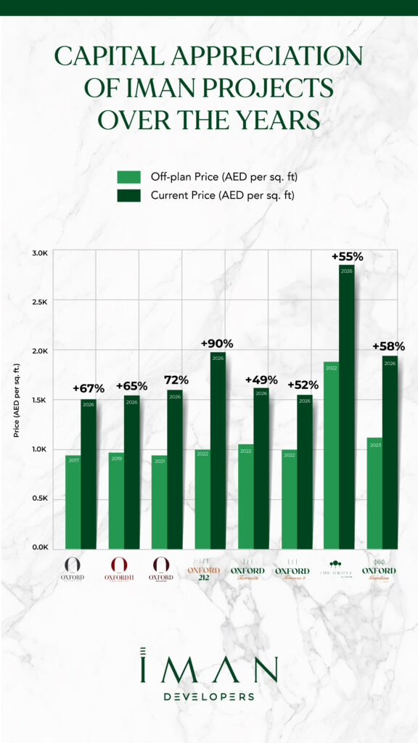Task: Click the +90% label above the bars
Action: coord(218,343)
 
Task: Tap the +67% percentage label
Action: coord(89,390)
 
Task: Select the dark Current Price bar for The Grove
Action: coord(346,406)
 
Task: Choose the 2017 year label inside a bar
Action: coord(73,480)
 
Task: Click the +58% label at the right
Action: coord(388,346)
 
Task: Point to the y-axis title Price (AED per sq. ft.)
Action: coord(17,400)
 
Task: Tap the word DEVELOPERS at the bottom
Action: coord(208,697)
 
